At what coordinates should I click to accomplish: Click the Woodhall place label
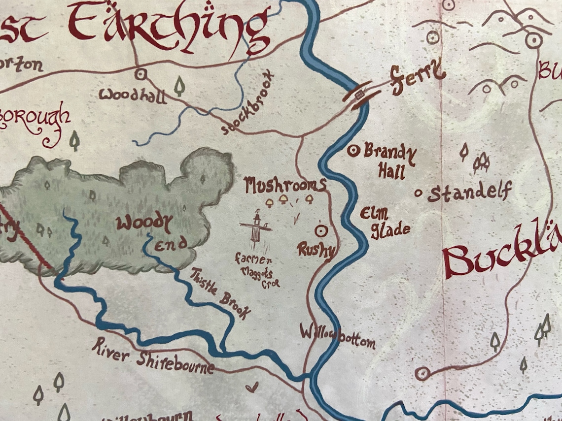132,95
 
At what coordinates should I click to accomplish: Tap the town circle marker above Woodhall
140,74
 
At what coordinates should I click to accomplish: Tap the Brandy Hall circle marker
353,151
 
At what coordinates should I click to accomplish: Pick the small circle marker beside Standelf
419,193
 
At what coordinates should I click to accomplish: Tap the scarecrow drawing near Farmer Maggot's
256,227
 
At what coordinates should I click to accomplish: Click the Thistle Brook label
220,293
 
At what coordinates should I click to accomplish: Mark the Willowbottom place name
338,336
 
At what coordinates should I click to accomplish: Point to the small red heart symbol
252,388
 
